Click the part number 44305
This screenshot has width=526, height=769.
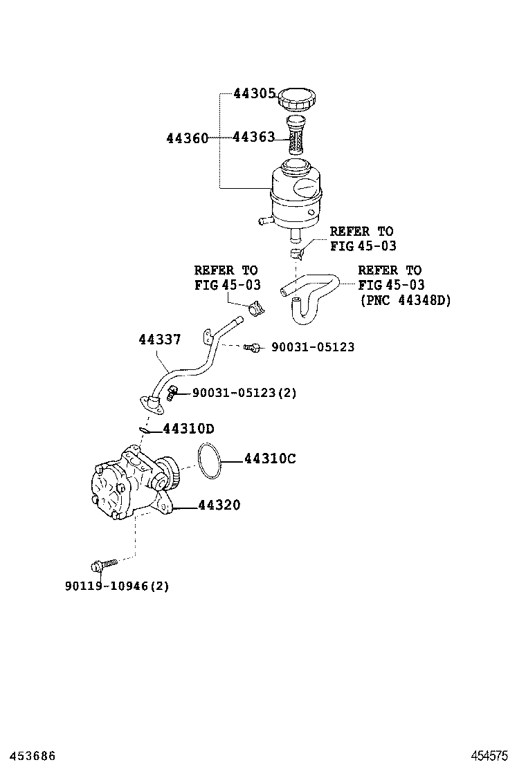tap(254, 93)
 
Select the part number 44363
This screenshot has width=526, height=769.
tap(254, 137)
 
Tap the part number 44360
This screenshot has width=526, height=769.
tap(187, 138)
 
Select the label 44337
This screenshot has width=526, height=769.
tap(159, 340)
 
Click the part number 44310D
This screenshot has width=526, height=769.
tap(188, 429)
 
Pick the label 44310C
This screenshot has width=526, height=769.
tap(270, 458)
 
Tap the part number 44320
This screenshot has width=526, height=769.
tap(219, 506)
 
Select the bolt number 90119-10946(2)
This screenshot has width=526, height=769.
tap(117, 586)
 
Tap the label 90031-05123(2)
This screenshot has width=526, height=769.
tap(244, 393)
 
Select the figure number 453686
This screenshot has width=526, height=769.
tap(28, 756)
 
